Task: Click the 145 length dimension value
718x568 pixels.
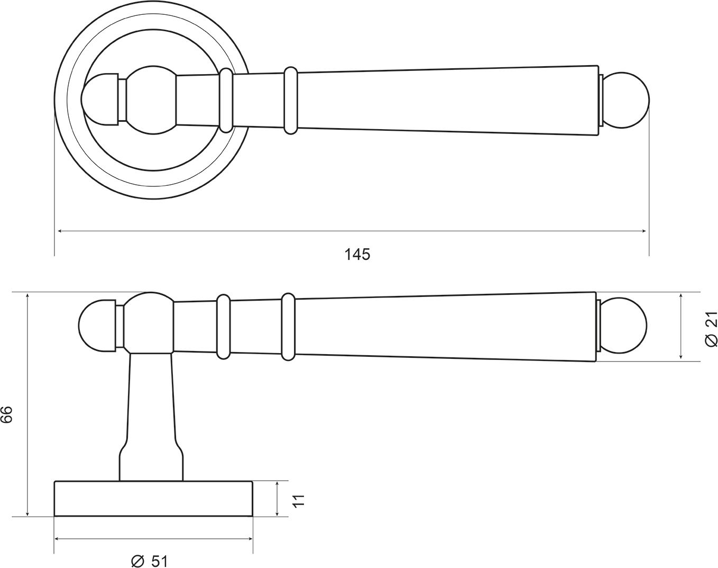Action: (x=357, y=255)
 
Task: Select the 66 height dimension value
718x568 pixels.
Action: (x=7, y=414)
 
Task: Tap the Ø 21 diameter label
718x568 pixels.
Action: (x=711, y=329)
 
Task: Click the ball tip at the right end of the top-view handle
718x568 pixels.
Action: (x=626, y=101)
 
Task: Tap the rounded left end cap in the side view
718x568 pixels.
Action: (x=95, y=326)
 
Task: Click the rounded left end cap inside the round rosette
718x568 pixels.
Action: (x=99, y=99)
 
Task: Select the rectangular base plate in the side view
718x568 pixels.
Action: (x=153, y=499)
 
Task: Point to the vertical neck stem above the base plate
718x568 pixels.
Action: (x=151, y=413)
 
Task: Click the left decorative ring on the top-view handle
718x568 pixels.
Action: (x=226, y=100)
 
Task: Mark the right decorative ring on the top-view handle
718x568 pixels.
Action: (x=291, y=100)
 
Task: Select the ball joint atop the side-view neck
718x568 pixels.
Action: (x=149, y=323)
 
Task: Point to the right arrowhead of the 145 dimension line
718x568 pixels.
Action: (x=644, y=231)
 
